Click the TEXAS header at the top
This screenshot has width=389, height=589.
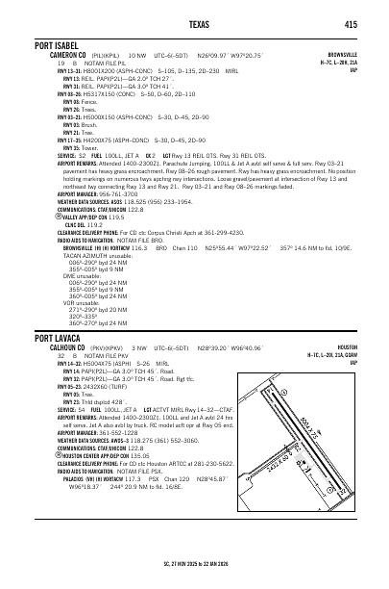194,22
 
